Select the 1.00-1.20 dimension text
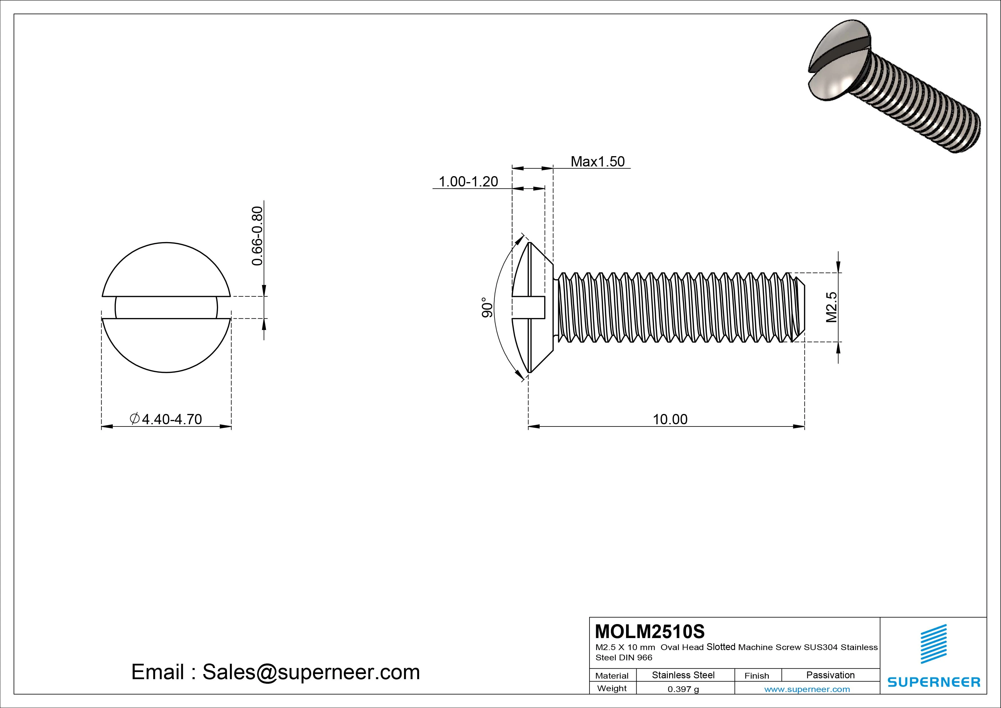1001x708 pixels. (x=468, y=182)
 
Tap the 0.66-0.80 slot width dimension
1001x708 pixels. (x=258, y=236)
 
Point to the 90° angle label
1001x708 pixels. (x=487, y=307)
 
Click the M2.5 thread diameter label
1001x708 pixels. (x=832, y=307)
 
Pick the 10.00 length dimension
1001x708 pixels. (x=670, y=419)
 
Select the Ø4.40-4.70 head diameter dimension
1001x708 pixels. (x=166, y=419)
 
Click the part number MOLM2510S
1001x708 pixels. (x=650, y=631)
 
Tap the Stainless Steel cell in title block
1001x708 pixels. (x=683, y=675)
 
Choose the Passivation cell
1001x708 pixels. (x=830, y=675)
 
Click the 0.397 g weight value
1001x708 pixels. (x=683, y=689)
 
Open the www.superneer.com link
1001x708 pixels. (x=807, y=689)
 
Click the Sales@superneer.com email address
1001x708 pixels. (x=311, y=672)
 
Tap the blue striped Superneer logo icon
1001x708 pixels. (x=933, y=644)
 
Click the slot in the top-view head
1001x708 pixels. (x=166, y=307)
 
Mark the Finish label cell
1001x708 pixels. (x=757, y=676)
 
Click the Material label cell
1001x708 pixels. (x=612, y=676)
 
